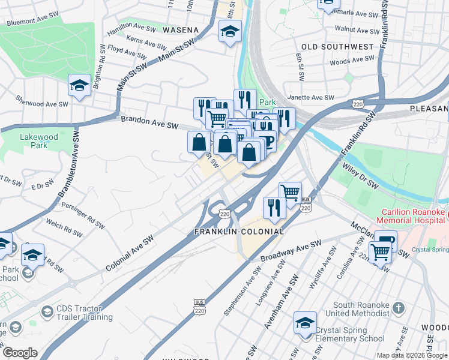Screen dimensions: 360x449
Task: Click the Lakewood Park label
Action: (x=38, y=141)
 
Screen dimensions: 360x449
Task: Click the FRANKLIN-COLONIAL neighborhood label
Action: (x=238, y=231)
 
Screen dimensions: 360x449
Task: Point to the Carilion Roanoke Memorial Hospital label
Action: (x=415, y=217)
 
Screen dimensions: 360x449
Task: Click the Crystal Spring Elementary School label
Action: (x=350, y=334)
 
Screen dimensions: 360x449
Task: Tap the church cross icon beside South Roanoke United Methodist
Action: (x=397, y=308)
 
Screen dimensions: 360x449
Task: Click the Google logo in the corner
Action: (x=20, y=353)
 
